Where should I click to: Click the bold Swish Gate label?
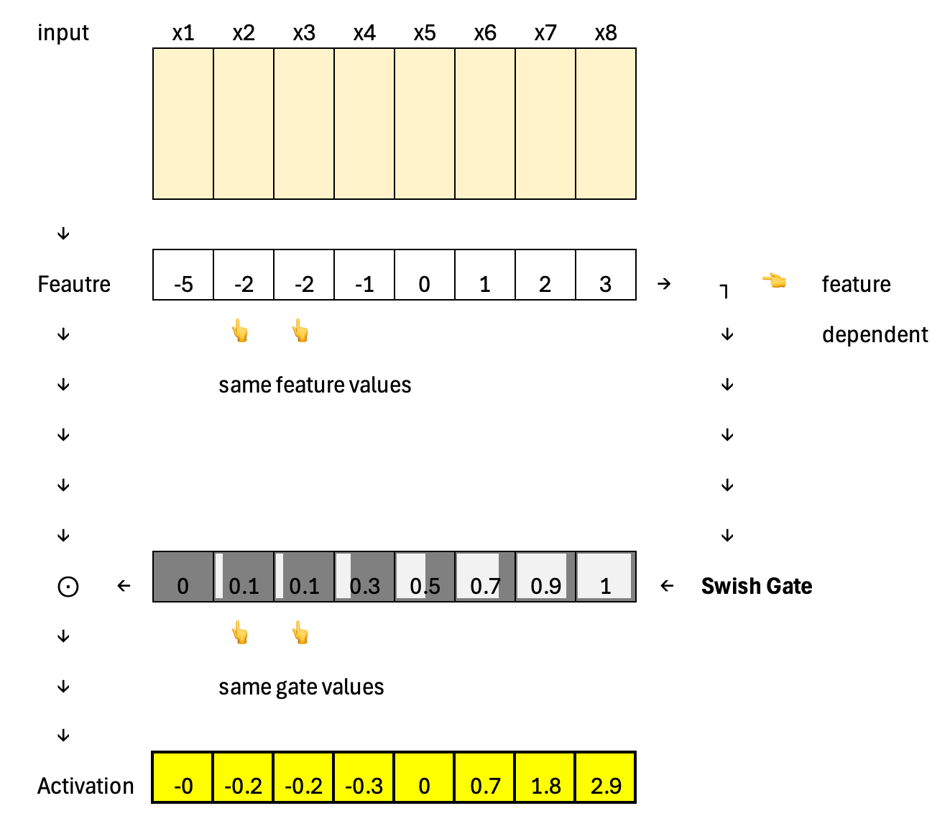pos(757,586)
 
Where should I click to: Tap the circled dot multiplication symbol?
pos(68,587)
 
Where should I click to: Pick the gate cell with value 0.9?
pos(545,577)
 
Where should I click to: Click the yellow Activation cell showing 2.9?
pos(606,778)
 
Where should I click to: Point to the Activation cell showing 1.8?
pos(545,778)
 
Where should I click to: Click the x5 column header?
pos(425,33)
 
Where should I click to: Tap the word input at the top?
pos(63,33)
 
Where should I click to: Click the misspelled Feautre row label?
pos(74,284)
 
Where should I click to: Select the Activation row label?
pos(86,786)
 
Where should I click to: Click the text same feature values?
pos(315,385)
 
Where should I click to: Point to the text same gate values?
pos(301,687)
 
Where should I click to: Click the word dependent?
pos(875,335)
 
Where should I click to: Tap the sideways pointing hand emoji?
pos(774,280)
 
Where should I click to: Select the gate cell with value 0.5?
pos(425,577)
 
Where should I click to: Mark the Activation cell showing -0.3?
pos(364,778)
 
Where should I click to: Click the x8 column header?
pos(606,33)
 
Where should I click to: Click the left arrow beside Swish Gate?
pos(667,586)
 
